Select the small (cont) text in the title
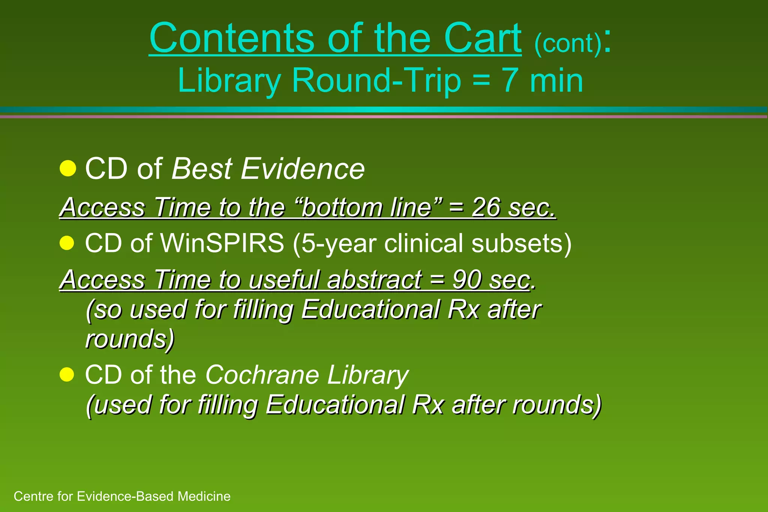(x=568, y=44)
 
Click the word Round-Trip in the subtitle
(x=376, y=81)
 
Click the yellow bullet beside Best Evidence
(x=68, y=168)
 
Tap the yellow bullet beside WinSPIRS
(x=67, y=243)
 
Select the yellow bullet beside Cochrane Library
(x=67, y=374)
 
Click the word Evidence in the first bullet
(x=302, y=169)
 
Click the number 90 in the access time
(x=466, y=280)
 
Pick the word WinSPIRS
(x=222, y=243)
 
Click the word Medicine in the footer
(x=204, y=496)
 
